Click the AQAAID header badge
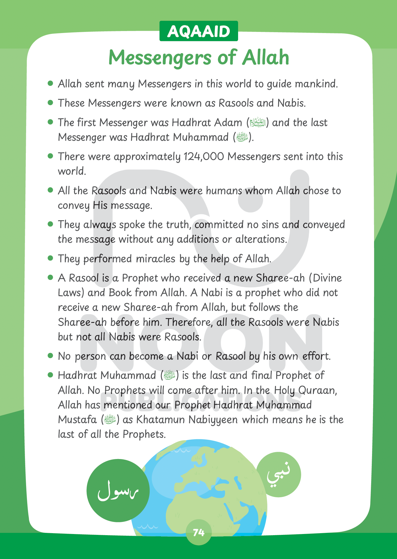[198, 31]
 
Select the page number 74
[199, 533]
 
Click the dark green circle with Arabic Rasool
[118, 490]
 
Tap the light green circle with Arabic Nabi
[279, 474]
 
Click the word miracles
[155, 259]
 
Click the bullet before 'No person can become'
[50, 356]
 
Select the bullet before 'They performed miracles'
[50, 258]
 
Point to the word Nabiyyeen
[213, 420]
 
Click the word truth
[179, 225]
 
